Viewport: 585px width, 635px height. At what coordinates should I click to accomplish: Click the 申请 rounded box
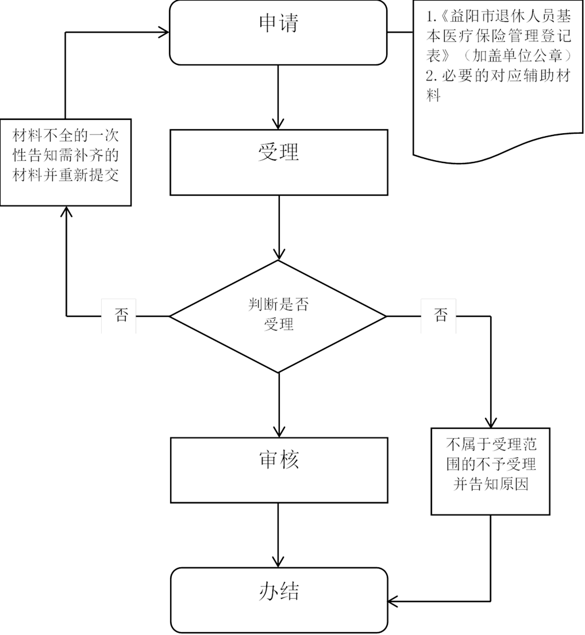coord(279,32)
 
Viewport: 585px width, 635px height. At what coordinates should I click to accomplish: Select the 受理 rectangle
coord(279,162)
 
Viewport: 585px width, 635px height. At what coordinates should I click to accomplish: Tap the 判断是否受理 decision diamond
coord(279,315)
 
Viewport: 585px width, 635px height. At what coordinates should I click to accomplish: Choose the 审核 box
coord(279,470)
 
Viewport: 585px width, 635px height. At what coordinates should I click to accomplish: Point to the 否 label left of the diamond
coord(120,316)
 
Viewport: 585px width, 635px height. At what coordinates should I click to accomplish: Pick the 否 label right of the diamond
coord(440,316)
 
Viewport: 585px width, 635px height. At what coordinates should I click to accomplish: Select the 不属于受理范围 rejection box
coord(491,471)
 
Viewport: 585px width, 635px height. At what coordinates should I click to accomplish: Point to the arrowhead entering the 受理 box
coord(279,123)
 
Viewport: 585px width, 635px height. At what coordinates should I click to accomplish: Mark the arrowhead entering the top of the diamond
coord(279,254)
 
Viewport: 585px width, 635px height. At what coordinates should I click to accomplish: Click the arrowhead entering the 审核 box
coord(279,432)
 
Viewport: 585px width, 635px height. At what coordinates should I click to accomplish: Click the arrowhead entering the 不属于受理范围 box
coord(491,422)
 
